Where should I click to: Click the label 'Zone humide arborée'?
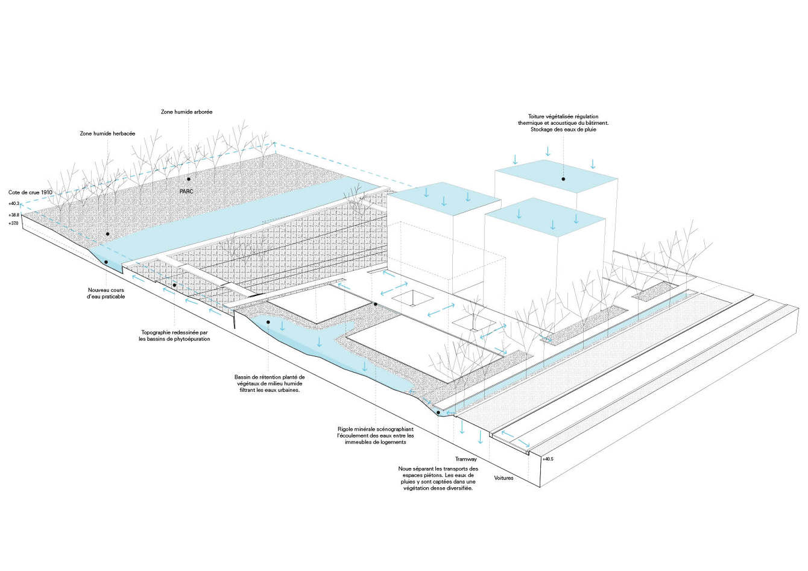tap(186, 112)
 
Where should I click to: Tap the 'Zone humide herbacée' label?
tap(107, 133)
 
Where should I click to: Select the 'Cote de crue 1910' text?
tap(30, 192)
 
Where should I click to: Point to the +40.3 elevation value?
tap(14, 204)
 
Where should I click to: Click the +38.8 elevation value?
tap(14, 215)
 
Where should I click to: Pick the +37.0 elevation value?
tap(14, 223)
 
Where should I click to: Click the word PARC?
tap(186, 191)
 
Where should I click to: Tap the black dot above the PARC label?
tap(188, 179)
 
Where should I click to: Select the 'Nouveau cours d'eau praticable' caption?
tap(106, 293)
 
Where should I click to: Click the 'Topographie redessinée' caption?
tap(174, 335)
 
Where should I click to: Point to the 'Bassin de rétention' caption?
tap(270, 383)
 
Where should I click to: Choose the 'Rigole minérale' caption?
tap(376, 435)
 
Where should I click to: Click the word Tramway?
tap(466, 459)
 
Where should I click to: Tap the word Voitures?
tap(503, 478)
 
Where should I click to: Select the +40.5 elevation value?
tap(547, 459)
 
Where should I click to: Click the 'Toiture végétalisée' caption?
tap(563, 123)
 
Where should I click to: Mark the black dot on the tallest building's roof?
tap(563, 178)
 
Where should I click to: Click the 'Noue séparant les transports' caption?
tap(438, 478)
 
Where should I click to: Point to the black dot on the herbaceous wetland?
tap(108, 234)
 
